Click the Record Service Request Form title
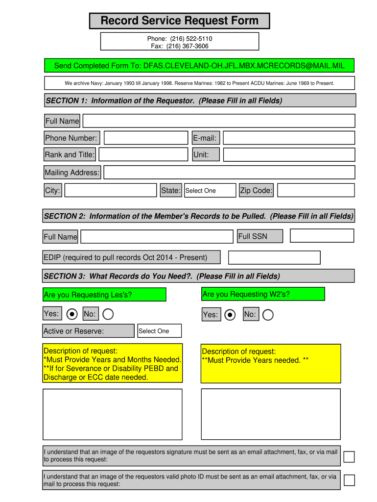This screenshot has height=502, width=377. [x=179, y=21]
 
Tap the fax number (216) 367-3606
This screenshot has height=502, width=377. [x=180, y=46]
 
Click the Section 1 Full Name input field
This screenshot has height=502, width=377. [x=218, y=121]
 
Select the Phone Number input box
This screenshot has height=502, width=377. [x=146, y=138]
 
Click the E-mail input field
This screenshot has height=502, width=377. [x=288, y=138]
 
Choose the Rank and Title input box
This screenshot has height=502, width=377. [x=143, y=155]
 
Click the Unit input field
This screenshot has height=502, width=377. [x=288, y=155]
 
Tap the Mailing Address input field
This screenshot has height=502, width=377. [x=229, y=172]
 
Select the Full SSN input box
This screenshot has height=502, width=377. [x=322, y=236]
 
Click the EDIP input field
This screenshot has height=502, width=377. [x=274, y=257]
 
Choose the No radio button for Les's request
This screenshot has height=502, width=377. [x=108, y=314]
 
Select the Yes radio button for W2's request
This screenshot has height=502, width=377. [x=230, y=315]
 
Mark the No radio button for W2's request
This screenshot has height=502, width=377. [x=268, y=315]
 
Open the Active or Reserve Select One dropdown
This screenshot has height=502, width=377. [x=159, y=331]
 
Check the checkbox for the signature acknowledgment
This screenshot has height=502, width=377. [x=349, y=456]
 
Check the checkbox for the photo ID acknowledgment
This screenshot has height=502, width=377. [x=349, y=480]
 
